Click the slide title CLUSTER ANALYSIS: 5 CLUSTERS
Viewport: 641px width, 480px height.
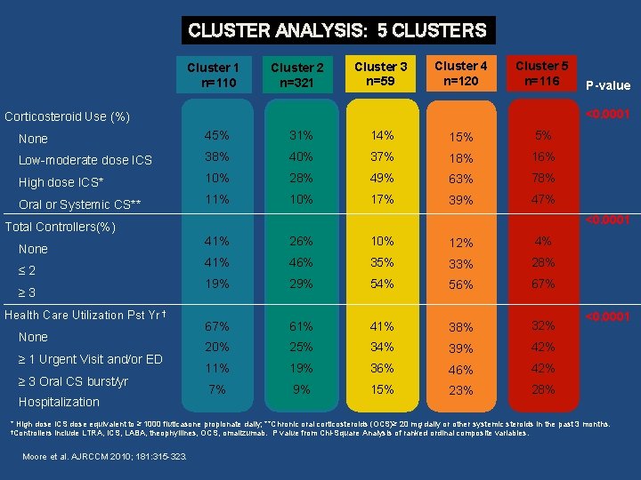click(x=337, y=30)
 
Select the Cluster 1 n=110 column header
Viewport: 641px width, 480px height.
click(x=213, y=76)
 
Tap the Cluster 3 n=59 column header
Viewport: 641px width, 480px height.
click(x=380, y=74)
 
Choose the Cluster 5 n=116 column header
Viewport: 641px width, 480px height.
click(x=542, y=74)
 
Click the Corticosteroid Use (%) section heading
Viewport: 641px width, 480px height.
click(x=68, y=116)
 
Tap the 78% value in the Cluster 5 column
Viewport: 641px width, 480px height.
click(x=542, y=179)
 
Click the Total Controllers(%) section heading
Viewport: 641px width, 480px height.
click(x=61, y=227)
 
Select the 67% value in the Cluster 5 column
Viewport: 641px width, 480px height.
click(x=542, y=284)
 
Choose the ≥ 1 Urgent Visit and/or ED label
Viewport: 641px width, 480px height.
click(x=91, y=359)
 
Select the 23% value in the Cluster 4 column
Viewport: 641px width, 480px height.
click(x=460, y=390)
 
